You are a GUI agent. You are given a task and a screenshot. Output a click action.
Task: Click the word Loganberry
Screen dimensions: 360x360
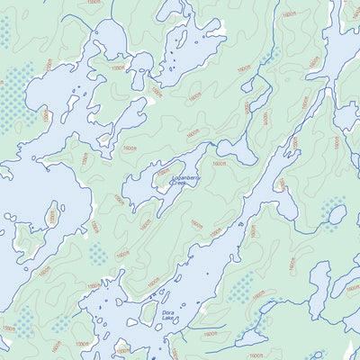[x=186, y=180]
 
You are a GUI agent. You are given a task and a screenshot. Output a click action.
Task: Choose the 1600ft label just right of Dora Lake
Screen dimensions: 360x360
[x=209, y=332]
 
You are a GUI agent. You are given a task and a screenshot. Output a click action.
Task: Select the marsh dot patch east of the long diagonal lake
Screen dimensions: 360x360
[x=241, y=288]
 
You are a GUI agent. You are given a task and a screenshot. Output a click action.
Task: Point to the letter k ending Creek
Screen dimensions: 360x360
[x=191, y=187]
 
